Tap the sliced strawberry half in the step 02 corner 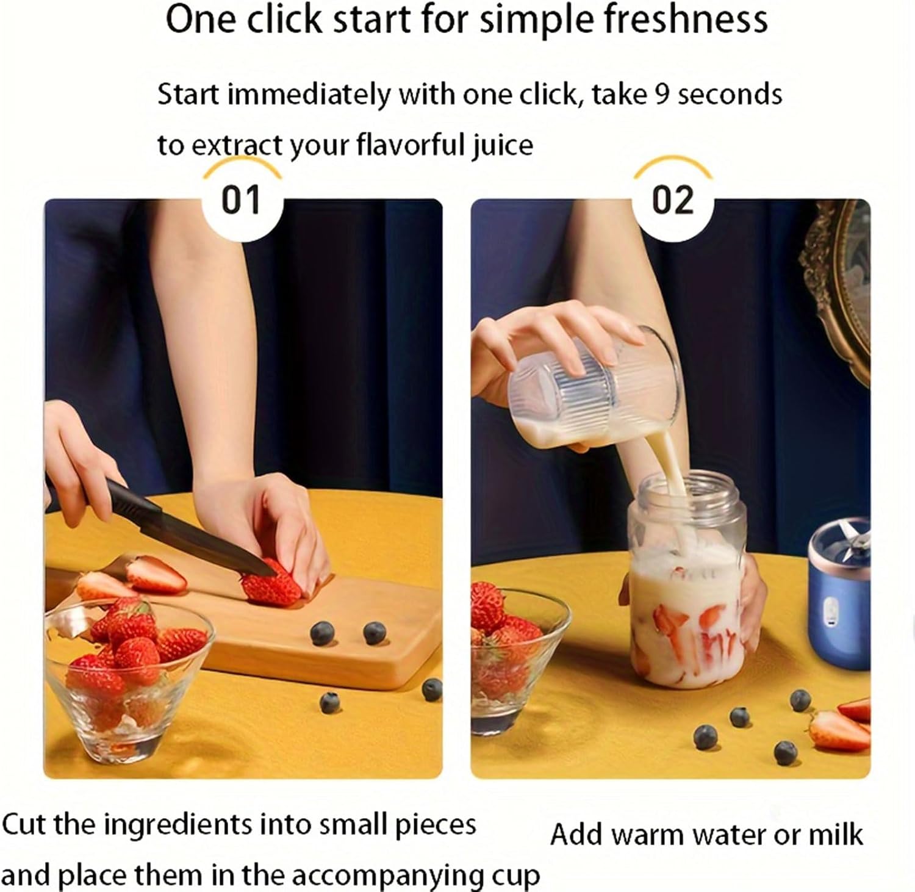[x=839, y=729]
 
